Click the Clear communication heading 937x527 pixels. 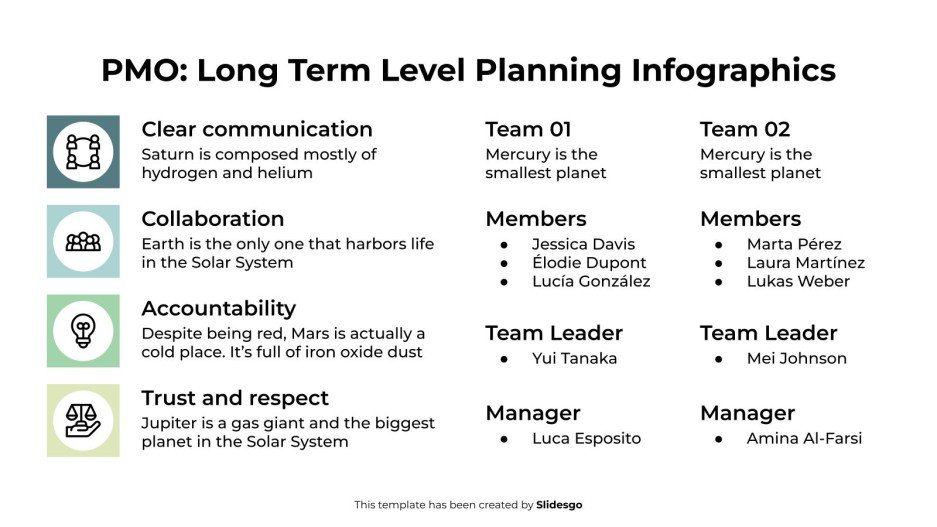pyautogui.click(x=257, y=129)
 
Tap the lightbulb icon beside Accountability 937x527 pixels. pyautogui.click(x=83, y=330)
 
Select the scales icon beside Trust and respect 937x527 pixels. pyautogui.click(x=83, y=420)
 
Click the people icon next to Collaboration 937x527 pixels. pyautogui.click(x=83, y=241)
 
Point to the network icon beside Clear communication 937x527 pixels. pyautogui.click(x=83, y=151)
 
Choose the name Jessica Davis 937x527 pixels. pyautogui.click(x=583, y=244)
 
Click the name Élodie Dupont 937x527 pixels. pyautogui.click(x=589, y=263)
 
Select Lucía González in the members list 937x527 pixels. pyautogui.click(x=591, y=282)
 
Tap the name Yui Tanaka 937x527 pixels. pyautogui.click(x=574, y=358)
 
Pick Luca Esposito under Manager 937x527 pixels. pyautogui.click(x=586, y=438)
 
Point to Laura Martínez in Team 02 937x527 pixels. pyautogui.click(x=805, y=263)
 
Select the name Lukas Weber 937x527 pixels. pyautogui.click(x=798, y=282)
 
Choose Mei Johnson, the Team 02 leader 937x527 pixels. pyautogui.click(x=796, y=358)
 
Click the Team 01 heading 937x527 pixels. pyautogui.click(x=529, y=129)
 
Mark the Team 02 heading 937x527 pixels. pyautogui.click(x=745, y=129)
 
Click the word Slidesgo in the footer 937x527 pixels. pyautogui.click(x=559, y=505)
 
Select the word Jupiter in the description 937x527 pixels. pyautogui.click(x=169, y=423)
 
